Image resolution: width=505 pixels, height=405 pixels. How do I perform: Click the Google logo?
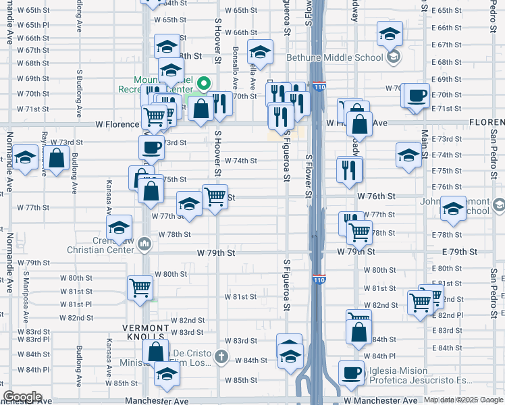[x=22, y=397]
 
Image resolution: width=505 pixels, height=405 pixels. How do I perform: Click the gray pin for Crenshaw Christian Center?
[x=144, y=244]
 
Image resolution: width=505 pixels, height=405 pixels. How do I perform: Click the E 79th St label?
[x=459, y=252]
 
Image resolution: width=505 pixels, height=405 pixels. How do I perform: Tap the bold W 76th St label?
[x=376, y=196]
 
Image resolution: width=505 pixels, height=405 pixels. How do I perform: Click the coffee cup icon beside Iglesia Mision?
[x=351, y=373]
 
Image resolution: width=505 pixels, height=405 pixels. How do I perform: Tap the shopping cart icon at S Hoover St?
[x=215, y=196]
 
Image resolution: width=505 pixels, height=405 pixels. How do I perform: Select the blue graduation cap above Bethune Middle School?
[x=390, y=33]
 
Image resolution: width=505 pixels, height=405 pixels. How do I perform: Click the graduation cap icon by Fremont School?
[x=453, y=208]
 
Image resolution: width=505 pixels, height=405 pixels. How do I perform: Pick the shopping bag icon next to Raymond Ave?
[x=57, y=160]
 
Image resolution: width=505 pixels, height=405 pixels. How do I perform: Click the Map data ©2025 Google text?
[x=463, y=400]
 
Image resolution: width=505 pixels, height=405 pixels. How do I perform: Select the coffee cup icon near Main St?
[x=417, y=95]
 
